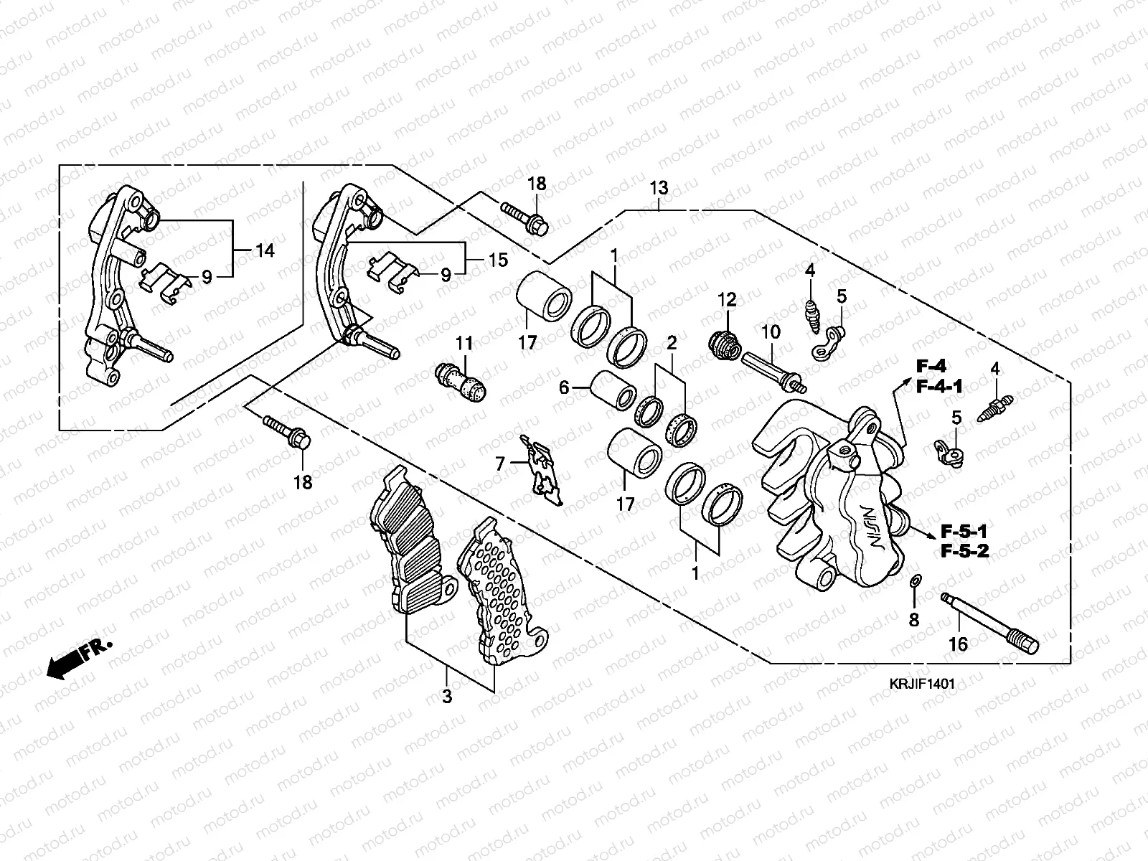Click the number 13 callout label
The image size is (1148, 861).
coord(659,188)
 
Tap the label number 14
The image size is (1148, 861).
coord(265,250)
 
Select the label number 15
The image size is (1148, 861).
coord(497,259)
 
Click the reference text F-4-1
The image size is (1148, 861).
coord(938,387)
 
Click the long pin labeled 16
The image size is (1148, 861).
coord(990,621)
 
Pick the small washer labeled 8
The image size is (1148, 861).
coord(915,580)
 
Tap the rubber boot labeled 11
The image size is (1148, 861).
coord(462,382)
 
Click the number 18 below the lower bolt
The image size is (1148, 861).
coord(304,482)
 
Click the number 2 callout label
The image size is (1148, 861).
coord(672,342)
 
